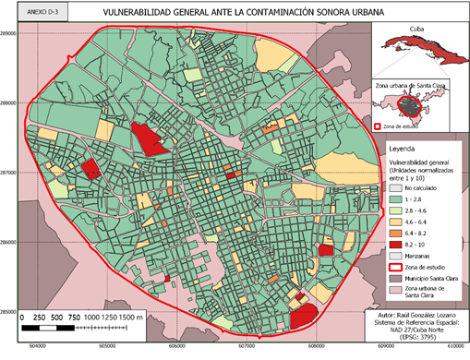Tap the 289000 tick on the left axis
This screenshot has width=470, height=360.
[x=9, y=33]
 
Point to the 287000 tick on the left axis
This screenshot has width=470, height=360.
[x=9, y=173]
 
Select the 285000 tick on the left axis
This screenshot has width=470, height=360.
[x=9, y=312]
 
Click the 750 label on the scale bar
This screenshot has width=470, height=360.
[x=75, y=317]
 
